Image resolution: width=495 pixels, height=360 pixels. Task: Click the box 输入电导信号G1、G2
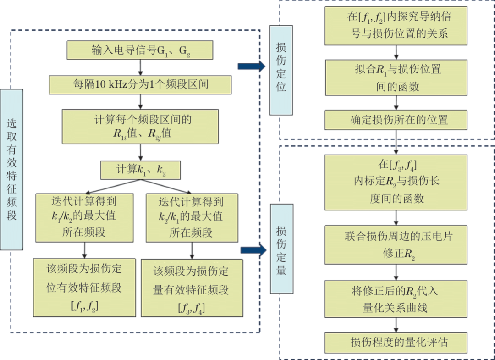pyautogui.click(x=140, y=50)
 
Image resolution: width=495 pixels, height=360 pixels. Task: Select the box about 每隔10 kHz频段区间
pyautogui.click(x=140, y=85)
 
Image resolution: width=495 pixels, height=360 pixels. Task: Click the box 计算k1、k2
pyautogui.click(x=140, y=170)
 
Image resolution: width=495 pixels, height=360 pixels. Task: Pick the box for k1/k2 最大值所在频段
pyautogui.click(x=84, y=217)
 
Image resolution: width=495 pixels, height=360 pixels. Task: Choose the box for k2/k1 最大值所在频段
pyautogui.click(x=191, y=217)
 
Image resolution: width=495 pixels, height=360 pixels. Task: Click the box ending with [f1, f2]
pyautogui.click(x=84, y=288)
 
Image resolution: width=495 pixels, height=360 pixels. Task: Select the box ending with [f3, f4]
pyautogui.click(x=191, y=288)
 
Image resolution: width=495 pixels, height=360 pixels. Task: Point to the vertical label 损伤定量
pyautogui.click(x=281, y=249)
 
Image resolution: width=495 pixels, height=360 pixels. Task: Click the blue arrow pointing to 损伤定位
pyautogui.click(x=251, y=66)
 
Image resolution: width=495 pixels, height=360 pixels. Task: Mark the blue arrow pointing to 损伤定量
pyautogui.click(x=253, y=250)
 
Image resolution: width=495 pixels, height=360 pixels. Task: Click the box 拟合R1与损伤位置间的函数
pyautogui.click(x=396, y=77)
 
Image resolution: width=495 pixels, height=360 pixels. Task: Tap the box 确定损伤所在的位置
pyautogui.click(x=396, y=120)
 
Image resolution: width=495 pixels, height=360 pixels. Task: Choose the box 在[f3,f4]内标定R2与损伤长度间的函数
pyautogui.click(x=396, y=182)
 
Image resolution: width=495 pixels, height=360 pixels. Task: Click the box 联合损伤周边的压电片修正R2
pyautogui.click(x=396, y=244)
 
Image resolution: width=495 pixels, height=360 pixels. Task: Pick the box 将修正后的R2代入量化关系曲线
pyautogui.click(x=396, y=299)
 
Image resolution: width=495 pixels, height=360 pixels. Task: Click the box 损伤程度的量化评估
pyautogui.click(x=396, y=342)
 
